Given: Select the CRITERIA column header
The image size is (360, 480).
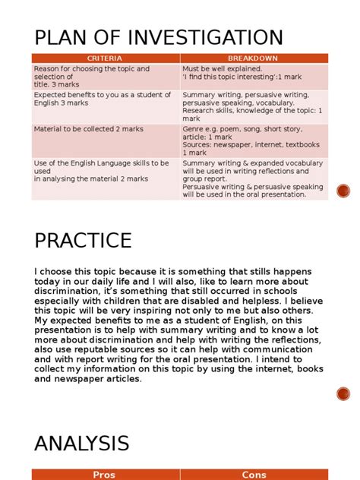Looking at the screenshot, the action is click(x=105, y=58).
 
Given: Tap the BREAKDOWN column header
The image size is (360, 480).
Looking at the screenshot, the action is click(x=253, y=58).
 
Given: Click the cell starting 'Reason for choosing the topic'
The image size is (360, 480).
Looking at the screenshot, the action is click(x=105, y=76).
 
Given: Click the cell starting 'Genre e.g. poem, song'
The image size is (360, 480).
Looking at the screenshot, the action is click(x=253, y=141).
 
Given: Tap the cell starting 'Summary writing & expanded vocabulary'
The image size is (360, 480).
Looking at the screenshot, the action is click(x=253, y=178).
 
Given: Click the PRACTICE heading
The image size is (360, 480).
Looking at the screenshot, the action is click(x=83, y=241).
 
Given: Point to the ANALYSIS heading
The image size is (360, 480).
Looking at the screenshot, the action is click(x=81, y=443).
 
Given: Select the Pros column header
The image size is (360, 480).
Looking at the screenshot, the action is click(x=104, y=475).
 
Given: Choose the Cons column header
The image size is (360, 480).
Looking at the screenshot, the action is click(x=254, y=475).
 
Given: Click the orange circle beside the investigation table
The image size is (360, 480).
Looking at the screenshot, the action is click(x=343, y=191).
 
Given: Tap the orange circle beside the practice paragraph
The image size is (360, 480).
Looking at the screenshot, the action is click(x=343, y=393).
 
